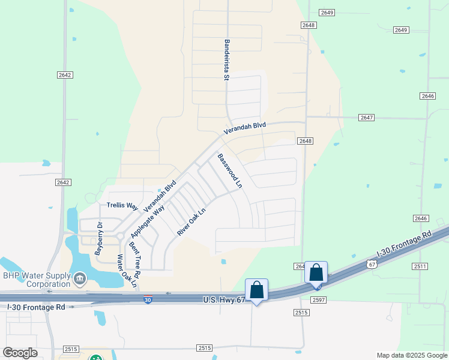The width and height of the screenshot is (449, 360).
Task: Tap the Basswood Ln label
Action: tap(230, 170)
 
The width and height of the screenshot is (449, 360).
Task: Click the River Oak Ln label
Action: tap(191, 221)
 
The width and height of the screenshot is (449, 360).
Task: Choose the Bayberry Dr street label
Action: tap(98, 239)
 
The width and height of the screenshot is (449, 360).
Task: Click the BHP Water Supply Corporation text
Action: tap(36, 280)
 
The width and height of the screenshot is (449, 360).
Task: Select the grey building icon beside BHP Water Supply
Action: tap(79, 279)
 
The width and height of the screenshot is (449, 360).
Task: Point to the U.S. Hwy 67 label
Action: tap(224, 299)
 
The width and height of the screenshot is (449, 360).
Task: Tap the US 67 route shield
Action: tap(372, 264)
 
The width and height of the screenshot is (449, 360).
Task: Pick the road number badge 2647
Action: tap(367, 118)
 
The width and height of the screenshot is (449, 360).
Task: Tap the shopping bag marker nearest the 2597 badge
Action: tap(316, 272)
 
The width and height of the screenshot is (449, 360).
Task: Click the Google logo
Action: tap(20, 353)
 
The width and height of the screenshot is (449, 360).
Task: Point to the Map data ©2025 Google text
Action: tap(411, 355)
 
